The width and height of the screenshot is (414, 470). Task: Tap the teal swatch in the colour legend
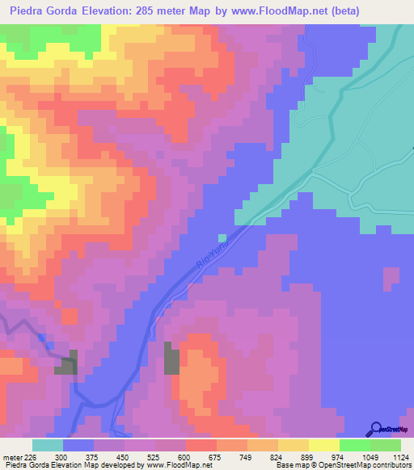(x=47, y=445)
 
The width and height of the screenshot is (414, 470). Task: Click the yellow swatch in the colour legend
(x=293, y=445)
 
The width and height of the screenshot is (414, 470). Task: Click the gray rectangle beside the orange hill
(x=171, y=358)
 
